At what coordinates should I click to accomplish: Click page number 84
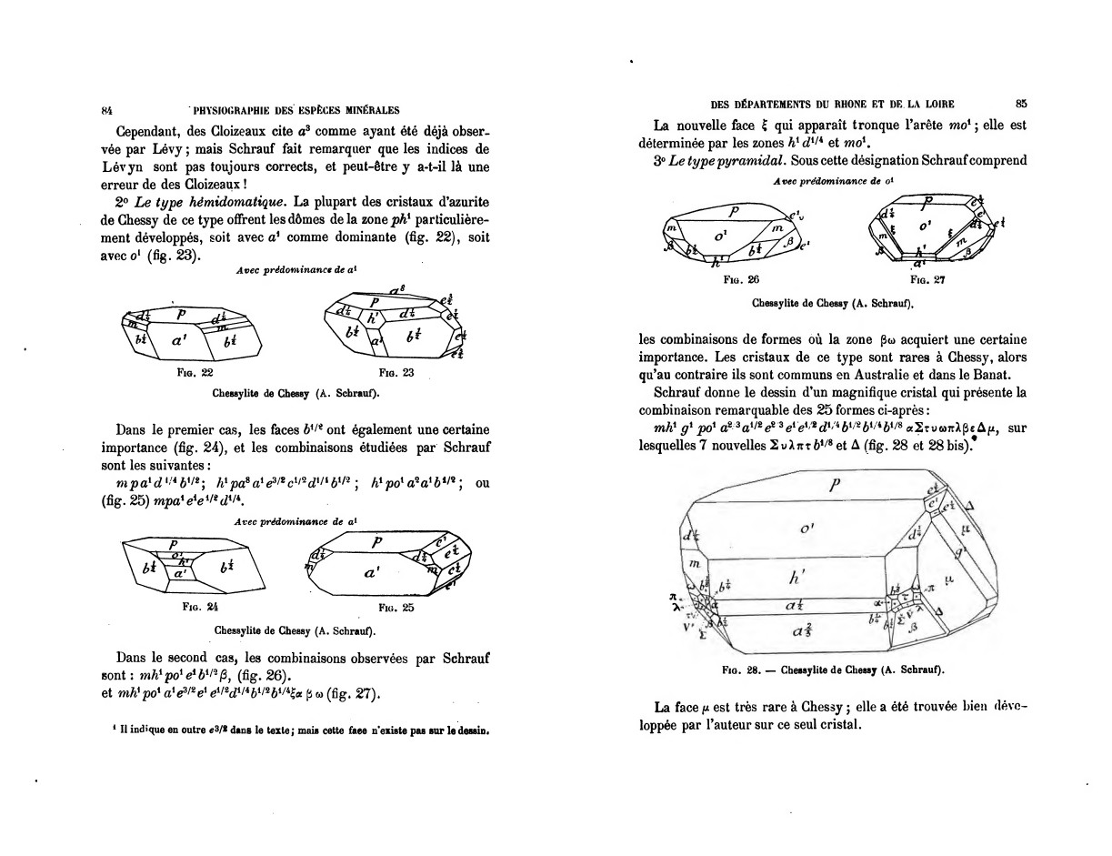tap(106, 110)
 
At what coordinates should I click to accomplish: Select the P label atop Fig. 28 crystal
tap(834, 485)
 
